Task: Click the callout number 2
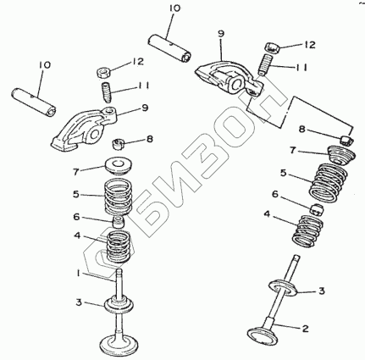pos(305,329)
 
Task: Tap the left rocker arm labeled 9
pos(84,128)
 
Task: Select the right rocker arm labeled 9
pos(230,77)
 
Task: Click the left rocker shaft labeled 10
pos(34,102)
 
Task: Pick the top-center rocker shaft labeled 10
pos(169,47)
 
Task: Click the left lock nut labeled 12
pos(103,72)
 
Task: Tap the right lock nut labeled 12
pos(273,47)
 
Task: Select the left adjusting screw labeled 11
pos(107,91)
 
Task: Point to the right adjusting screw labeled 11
pos(265,65)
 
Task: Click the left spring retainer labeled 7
pos(119,165)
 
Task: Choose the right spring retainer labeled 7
pos(341,154)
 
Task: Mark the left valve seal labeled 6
pos(119,222)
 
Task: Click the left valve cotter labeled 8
pos(119,144)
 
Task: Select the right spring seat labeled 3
pos(284,288)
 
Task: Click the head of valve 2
pos(262,335)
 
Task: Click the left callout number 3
pos(79,302)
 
